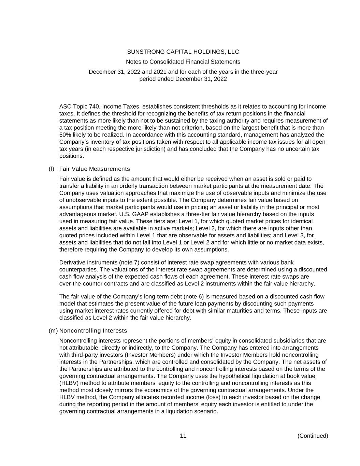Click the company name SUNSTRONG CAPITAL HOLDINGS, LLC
183,52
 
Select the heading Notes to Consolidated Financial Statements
183,62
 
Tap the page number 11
183,436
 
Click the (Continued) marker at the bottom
313,436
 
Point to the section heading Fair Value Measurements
95,169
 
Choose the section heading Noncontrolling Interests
93,331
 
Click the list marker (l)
52,169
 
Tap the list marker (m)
53,331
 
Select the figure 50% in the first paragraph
65,135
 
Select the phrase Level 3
298,236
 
